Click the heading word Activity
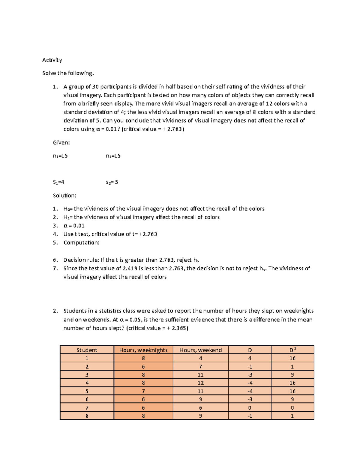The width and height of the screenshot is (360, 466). [52, 60]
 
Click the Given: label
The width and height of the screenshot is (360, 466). [61, 143]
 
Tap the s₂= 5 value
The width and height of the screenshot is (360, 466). [112, 182]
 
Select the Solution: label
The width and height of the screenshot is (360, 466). [64, 195]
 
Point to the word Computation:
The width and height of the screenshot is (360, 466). [81, 242]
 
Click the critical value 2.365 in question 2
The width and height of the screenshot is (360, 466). [179, 328]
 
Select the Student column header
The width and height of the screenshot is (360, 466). [87, 350]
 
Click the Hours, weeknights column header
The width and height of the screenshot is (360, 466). [143, 350]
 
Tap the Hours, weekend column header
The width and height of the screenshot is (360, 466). [200, 350]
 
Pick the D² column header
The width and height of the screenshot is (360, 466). [292, 350]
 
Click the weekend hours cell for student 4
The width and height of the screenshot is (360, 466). [200, 383]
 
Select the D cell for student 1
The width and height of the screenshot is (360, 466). [250, 358]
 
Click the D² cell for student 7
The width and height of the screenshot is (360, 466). [292, 408]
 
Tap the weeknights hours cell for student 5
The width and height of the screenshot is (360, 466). [143, 391]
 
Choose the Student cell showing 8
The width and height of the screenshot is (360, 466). [87, 416]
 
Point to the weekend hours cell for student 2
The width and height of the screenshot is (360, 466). [200, 367]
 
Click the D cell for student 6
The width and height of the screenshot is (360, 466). [250, 399]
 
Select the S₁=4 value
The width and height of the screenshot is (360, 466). [58, 182]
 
